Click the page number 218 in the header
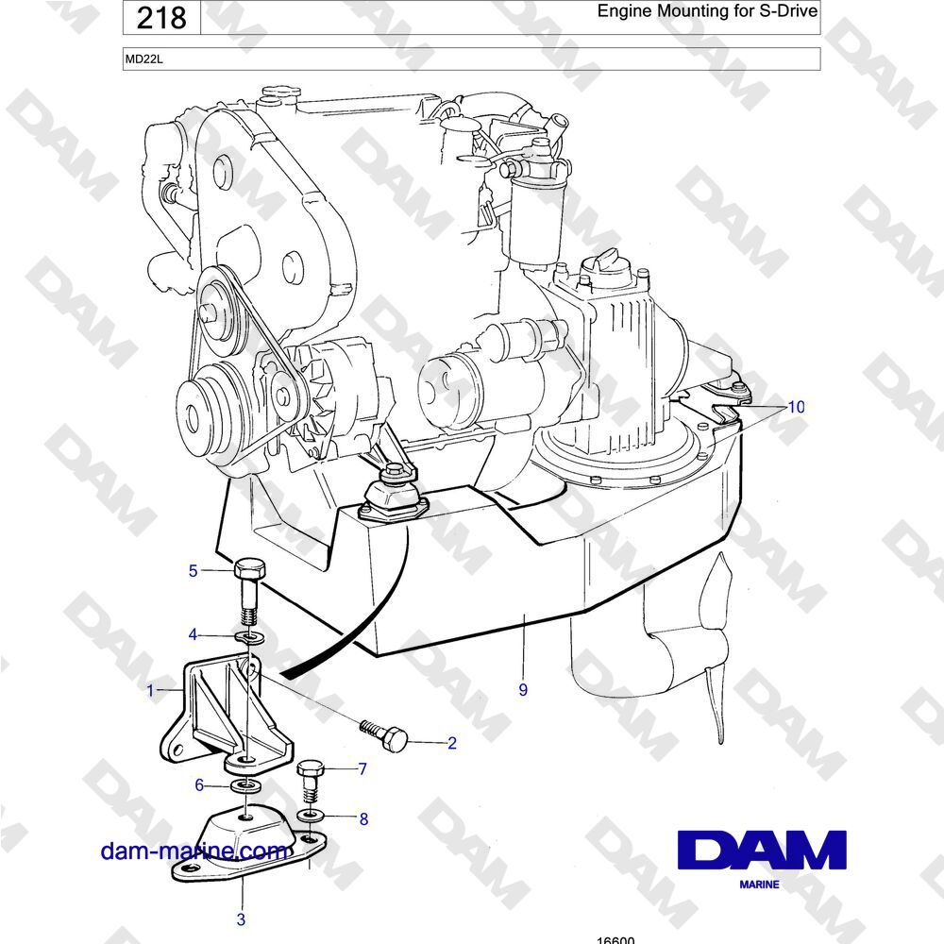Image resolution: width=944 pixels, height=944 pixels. (161, 17)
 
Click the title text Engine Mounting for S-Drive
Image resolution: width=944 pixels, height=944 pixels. (707, 10)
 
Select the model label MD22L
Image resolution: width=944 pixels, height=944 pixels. (143, 59)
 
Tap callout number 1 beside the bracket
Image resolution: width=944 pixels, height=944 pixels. (150, 690)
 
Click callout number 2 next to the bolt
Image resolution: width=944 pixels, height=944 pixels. (452, 743)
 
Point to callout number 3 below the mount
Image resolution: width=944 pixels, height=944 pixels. (241, 919)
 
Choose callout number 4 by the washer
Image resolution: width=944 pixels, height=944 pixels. (193, 634)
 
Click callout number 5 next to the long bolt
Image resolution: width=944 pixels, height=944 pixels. (193, 571)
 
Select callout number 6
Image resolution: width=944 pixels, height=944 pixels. (198, 785)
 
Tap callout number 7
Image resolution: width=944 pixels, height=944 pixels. (362, 768)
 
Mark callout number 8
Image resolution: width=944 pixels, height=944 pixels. (363, 818)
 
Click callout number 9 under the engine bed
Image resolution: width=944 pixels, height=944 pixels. (523, 690)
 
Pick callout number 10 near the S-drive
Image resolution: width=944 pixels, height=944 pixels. (796, 407)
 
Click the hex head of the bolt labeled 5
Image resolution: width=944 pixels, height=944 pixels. (248, 569)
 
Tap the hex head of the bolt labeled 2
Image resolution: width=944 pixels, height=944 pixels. (396, 738)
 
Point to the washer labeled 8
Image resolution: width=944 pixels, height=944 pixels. (311, 816)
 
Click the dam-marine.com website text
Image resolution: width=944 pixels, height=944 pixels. (194, 851)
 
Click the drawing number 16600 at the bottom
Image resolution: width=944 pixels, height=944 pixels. (615, 940)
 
